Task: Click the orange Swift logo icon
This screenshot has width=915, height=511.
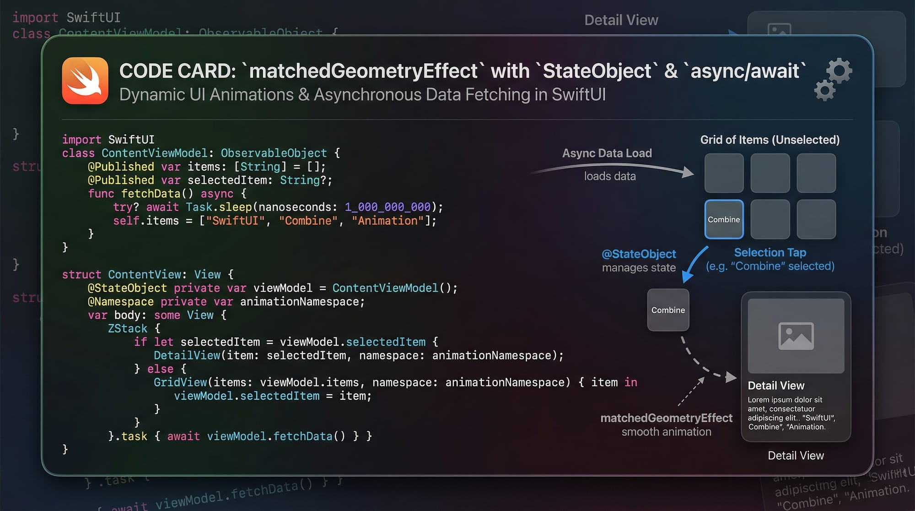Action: coord(85,81)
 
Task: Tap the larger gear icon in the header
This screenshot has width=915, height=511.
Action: coord(839,71)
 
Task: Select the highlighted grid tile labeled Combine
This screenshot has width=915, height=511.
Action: coord(724,219)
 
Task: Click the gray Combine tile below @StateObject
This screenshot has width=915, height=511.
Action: coord(668,310)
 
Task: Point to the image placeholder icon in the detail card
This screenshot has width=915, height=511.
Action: coord(796,336)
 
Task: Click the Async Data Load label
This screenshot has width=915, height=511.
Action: coord(607,153)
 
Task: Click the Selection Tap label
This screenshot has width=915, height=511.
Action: coord(770,252)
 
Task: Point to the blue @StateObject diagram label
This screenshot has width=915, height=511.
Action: coord(639,254)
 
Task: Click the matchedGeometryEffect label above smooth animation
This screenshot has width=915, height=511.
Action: coord(666,418)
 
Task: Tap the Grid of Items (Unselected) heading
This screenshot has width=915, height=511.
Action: coord(770,140)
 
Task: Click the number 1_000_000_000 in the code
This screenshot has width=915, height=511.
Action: coord(388,207)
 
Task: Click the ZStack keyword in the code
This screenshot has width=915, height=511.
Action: coord(128,329)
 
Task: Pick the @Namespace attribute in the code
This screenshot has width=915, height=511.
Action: coord(121,302)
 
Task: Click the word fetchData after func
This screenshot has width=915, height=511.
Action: coord(151,194)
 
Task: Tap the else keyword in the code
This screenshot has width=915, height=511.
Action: coord(160,369)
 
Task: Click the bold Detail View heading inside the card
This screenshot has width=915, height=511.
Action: coord(776,386)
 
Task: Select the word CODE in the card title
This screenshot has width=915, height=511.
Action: coord(146,71)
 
